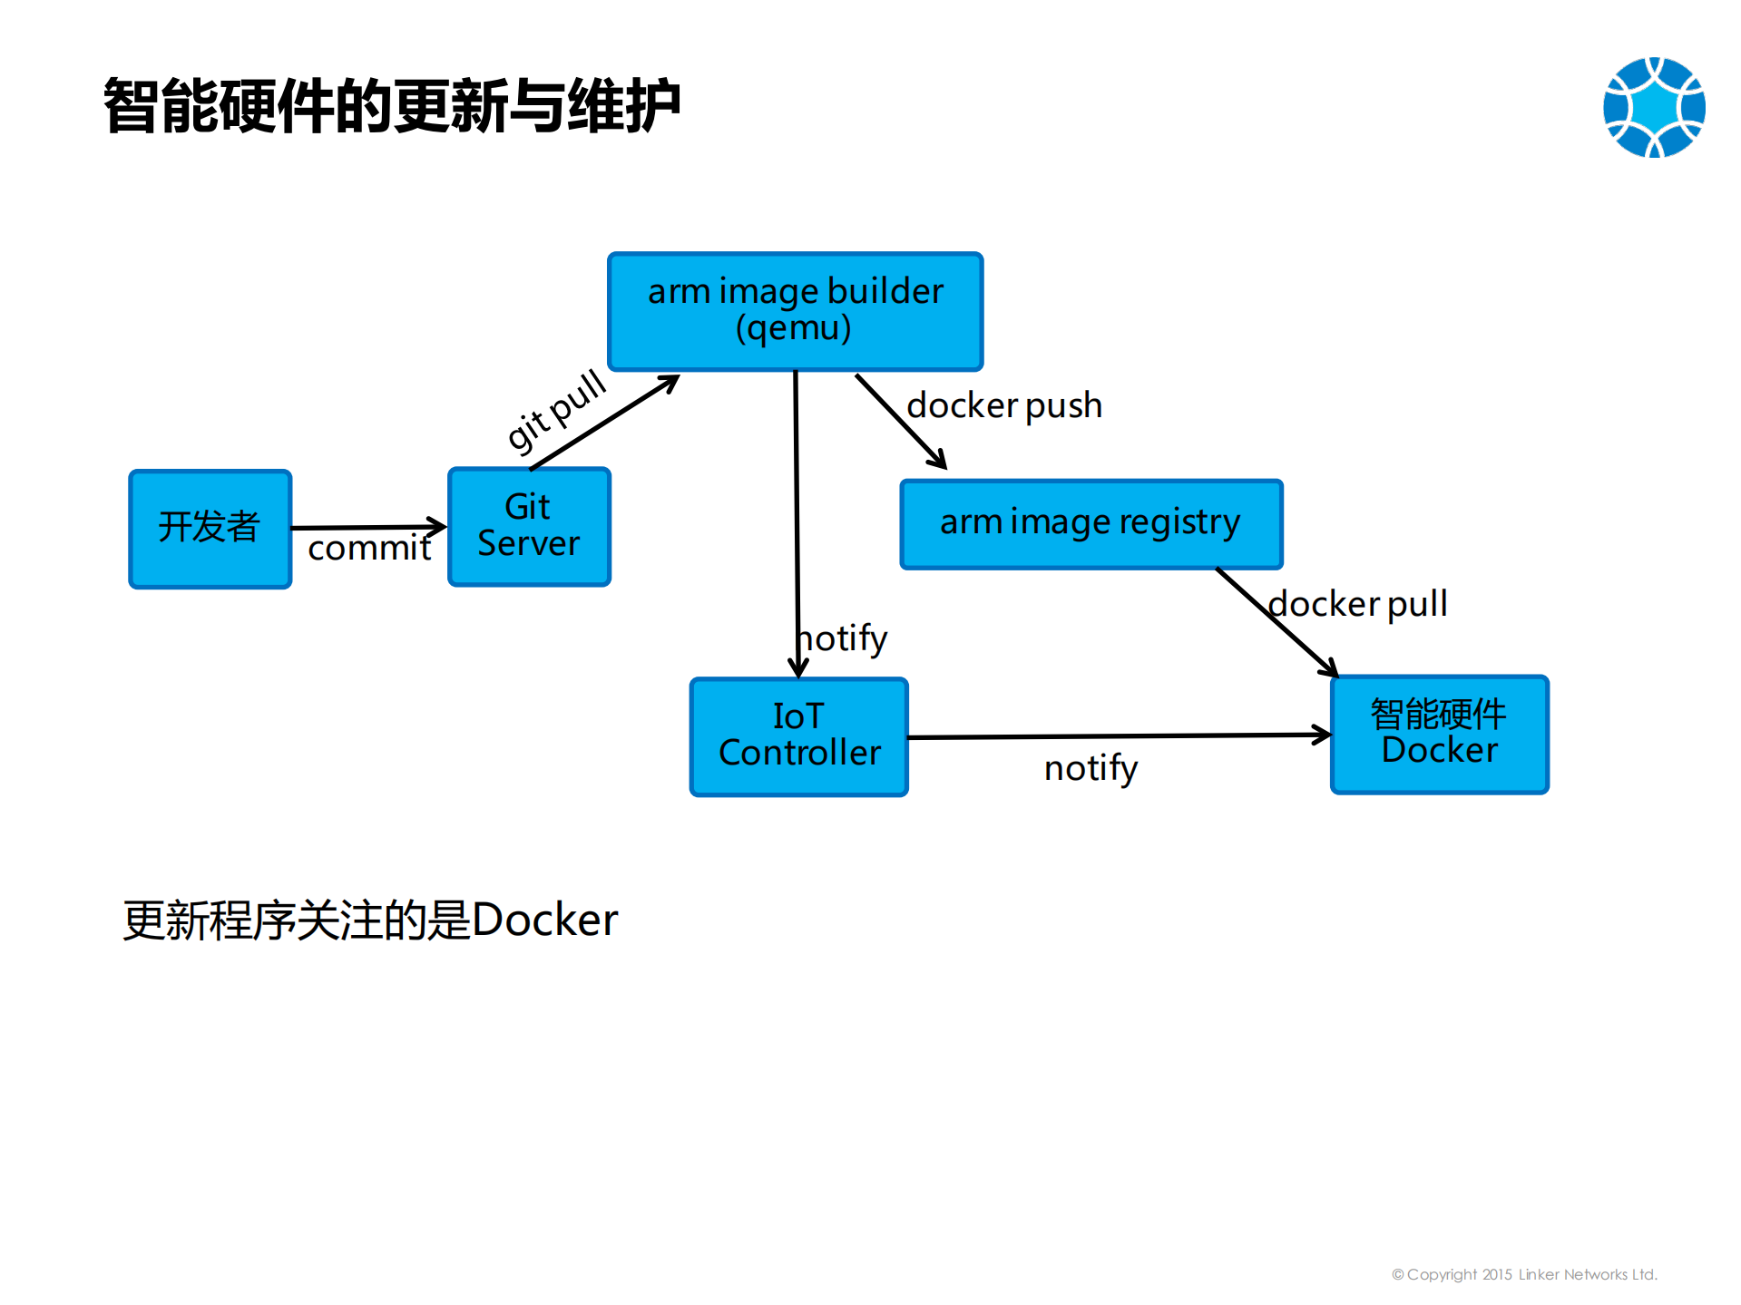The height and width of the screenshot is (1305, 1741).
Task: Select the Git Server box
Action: [x=529, y=526]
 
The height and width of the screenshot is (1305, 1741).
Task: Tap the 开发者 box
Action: [x=210, y=528]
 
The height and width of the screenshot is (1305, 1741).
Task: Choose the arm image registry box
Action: [x=1091, y=523]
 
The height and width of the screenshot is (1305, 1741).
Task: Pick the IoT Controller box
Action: [x=798, y=735]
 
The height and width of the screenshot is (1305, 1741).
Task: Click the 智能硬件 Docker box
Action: [x=1439, y=734]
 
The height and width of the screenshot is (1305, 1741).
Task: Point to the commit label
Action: [x=369, y=548]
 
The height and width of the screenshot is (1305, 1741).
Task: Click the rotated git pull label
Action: [x=555, y=410]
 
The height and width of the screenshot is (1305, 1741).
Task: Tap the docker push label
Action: [x=1004, y=405]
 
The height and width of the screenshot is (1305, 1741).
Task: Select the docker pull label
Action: [x=1357, y=604]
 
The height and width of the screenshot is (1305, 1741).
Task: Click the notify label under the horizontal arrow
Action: [x=1091, y=768]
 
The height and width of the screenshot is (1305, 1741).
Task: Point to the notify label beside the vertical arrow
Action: [x=844, y=638]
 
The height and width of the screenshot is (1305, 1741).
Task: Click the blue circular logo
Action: [x=1653, y=107]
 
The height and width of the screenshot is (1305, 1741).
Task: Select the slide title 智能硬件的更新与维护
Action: [x=392, y=106]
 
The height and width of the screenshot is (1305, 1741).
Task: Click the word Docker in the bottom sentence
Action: [x=544, y=920]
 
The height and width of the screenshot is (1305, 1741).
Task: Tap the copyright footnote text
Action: [x=1524, y=1274]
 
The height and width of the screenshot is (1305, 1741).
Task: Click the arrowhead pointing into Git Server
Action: [x=438, y=526]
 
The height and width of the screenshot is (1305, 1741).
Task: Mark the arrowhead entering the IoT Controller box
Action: [x=798, y=669]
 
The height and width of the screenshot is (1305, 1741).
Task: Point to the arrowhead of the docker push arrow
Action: [x=940, y=463]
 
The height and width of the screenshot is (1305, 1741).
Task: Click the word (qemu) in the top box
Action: [x=794, y=328]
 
